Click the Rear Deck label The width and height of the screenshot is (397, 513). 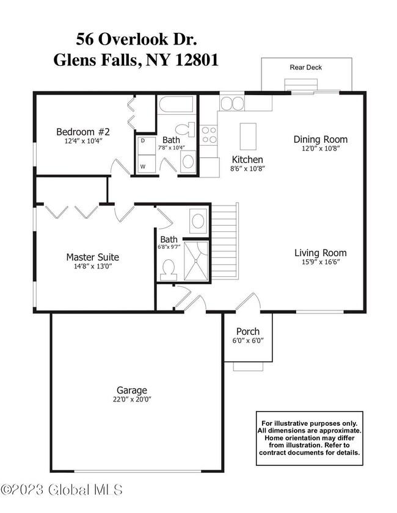[306, 67]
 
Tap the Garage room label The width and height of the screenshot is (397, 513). [132, 390]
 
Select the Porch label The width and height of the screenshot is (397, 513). [248, 332]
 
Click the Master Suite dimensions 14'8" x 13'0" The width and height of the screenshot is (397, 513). [92, 266]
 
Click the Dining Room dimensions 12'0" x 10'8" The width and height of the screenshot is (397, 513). [321, 148]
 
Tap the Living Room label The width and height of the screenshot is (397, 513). [321, 253]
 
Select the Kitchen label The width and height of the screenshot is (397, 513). [247, 159]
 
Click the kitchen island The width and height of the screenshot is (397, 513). [247, 135]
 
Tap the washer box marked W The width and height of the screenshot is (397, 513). [144, 165]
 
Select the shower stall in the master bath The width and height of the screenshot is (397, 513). [195, 261]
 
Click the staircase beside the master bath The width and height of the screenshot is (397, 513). [224, 243]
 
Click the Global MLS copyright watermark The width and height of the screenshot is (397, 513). [62, 490]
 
